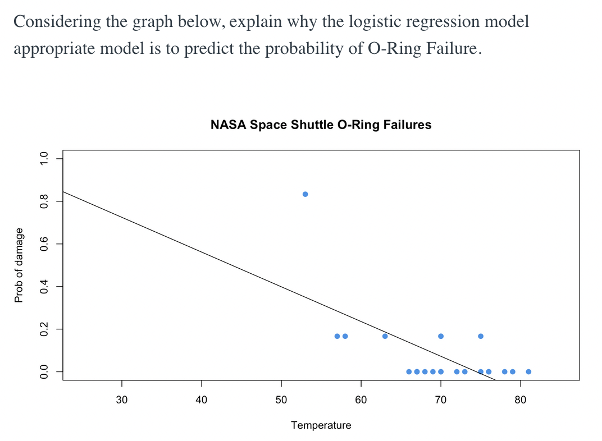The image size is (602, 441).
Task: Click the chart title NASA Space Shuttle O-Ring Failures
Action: (x=321, y=125)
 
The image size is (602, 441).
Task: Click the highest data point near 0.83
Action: (x=305, y=194)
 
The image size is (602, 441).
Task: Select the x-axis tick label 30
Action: (x=122, y=400)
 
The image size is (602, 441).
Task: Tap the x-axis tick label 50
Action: (x=281, y=400)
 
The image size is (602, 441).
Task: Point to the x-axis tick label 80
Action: (x=521, y=400)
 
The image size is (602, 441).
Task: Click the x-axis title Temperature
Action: (x=321, y=425)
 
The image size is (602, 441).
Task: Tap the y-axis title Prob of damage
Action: (x=19, y=265)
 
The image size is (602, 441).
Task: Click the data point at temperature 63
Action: (x=385, y=336)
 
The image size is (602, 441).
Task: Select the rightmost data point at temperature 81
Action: (x=528, y=371)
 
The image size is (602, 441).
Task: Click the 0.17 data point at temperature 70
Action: (x=441, y=336)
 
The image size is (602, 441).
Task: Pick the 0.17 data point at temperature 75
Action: (x=481, y=336)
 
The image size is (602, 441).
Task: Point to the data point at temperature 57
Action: (x=337, y=336)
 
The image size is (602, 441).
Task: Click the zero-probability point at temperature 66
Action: (x=409, y=371)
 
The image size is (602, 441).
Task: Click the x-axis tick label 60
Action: (x=361, y=400)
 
